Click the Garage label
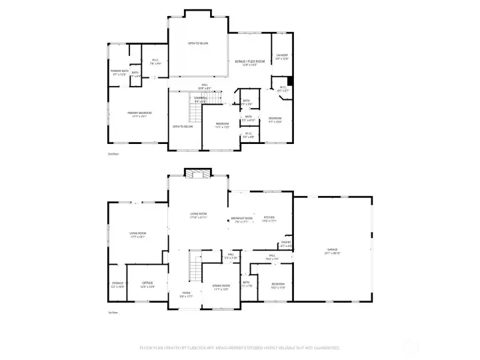[x=332, y=251]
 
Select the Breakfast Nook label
[x=242, y=220]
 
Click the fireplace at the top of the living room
[x=198, y=175]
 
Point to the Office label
[x=148, y=284]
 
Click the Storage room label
[x=117, y=284]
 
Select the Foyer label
[x=187, y=294]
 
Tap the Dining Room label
[x=221, y=287]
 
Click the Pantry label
[x=286, y=245]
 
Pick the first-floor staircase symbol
[x=195, y=266]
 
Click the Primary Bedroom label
[x=140, y=115]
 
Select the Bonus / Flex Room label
[x=250, y=63]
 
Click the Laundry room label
[x=282, y=57]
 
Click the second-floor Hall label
[x=207, y=86]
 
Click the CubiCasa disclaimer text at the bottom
[x=239, y=347]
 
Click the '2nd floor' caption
[x=113, y=153]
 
